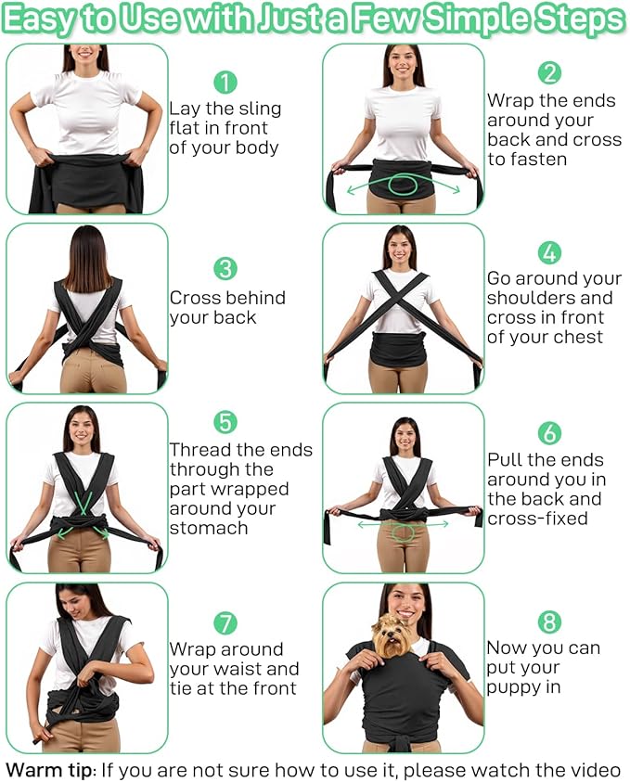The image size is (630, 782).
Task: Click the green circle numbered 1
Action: pos(225,83)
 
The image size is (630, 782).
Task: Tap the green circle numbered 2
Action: pos(549,72)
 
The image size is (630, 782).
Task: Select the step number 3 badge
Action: pos(225,268)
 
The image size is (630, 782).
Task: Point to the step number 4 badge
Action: pos(549,253)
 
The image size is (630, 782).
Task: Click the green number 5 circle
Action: pos(225,422)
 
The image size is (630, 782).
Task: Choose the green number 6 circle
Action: pos(549,433)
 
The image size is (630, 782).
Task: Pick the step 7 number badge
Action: pos(225,622)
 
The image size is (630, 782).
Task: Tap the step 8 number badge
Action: pos(549,622)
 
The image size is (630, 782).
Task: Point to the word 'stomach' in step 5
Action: pos(209,528)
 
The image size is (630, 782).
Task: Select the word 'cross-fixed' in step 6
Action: pos(537,519)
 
